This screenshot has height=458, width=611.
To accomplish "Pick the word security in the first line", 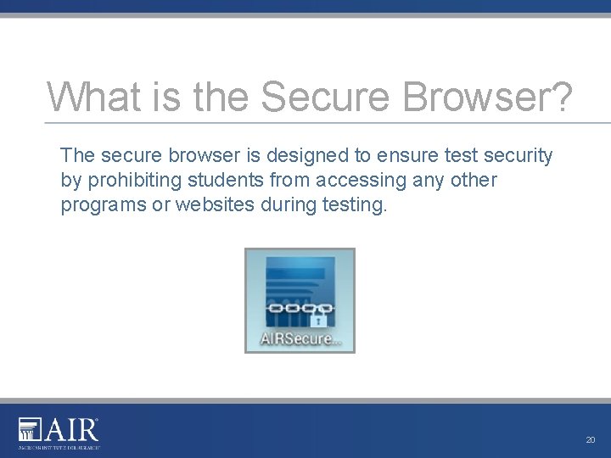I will click(518, 156).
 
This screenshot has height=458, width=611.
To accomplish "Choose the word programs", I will click(103, 205).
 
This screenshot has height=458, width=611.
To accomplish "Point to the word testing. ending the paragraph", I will click(357, 205).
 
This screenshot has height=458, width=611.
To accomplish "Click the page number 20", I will click(591, 440).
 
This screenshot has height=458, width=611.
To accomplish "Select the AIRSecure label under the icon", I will click(300, 340).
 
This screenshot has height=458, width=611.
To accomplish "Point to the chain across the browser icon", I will click(299, 309).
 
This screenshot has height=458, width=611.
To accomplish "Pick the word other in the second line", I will click(474, 181).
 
